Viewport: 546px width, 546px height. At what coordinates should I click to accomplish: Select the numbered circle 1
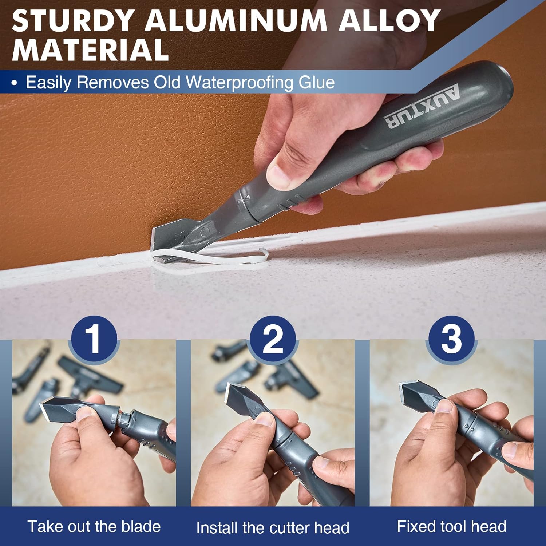(x=94, y=339)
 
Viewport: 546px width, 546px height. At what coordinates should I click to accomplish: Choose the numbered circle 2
(x=273, y=339)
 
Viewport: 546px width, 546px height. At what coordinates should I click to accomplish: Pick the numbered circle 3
(x=451, y=339)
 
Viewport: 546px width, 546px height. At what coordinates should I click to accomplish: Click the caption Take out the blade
(x=94, y=526)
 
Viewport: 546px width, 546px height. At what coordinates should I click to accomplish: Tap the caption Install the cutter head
(x=273, y=527)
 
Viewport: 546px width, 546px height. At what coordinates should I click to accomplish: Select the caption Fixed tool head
(x=451, y=526)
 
